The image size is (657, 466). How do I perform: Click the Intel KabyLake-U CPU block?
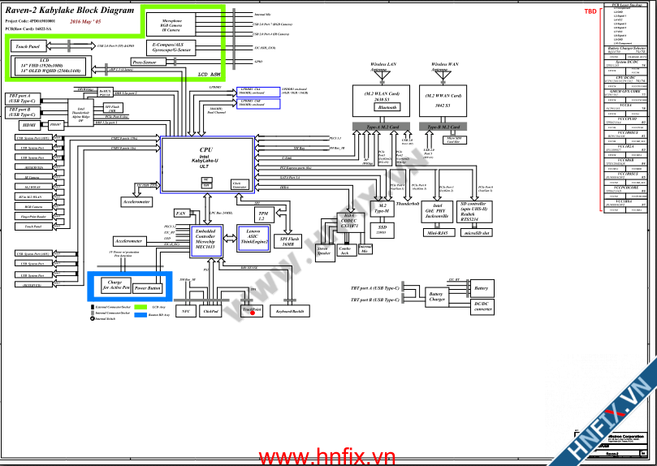206,165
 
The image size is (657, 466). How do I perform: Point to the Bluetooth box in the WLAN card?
387,107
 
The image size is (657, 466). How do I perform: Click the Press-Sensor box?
144,61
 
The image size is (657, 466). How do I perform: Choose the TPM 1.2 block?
262,215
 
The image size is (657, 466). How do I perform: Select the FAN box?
182,213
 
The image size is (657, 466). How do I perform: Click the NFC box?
185,311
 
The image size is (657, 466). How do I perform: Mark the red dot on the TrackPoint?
253,313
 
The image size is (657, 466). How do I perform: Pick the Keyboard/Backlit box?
291,311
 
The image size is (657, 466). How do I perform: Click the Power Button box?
147,288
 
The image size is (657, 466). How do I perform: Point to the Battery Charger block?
436,297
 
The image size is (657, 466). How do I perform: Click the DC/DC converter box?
482,306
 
